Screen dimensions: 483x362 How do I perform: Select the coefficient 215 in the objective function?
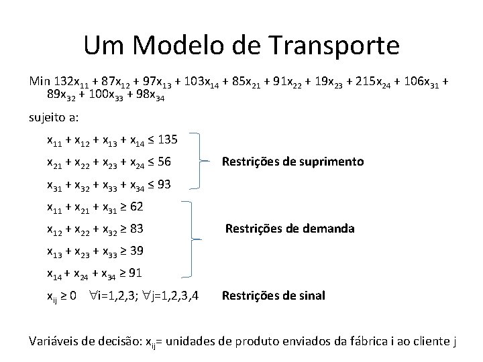coord(349,81)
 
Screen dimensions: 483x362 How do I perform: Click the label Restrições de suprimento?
coord(292,162)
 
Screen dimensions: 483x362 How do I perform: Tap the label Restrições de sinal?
coord(273,295)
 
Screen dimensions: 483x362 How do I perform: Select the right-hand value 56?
coord(164,162)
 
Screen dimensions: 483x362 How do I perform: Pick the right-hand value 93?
coord(163,184)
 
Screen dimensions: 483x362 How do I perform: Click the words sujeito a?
coord(54,117)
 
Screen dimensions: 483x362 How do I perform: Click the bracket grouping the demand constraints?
coord(192,239)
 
